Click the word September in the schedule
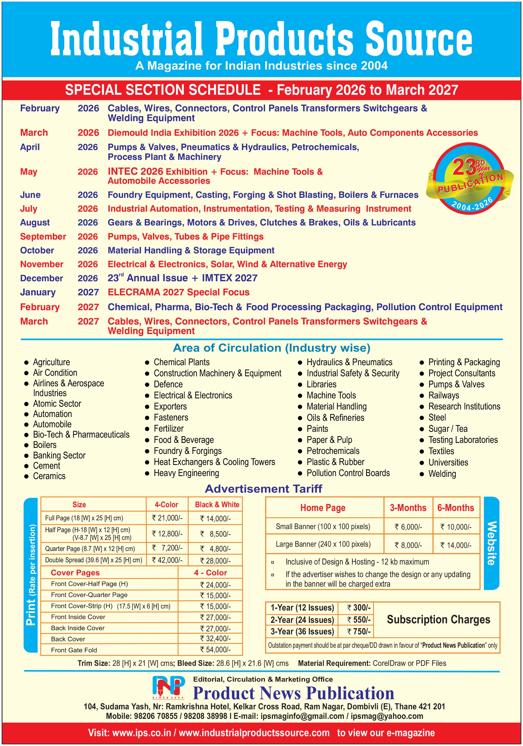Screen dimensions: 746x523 pos(43,237)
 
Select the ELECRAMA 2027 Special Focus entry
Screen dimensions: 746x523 pos(179,292)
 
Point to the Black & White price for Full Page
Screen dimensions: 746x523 pos(215,519)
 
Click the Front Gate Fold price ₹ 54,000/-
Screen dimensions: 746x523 pos(215,649)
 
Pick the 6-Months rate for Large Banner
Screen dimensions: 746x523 pos(456,545)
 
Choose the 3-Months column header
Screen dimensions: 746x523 pos(408,507)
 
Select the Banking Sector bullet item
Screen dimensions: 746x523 pos(59,455)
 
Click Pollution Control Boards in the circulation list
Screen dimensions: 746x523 pos(348,473)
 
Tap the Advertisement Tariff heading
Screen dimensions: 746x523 pos(263,489)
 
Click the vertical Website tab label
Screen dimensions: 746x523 pos(492,543)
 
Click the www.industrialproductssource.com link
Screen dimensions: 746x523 pos(254,733)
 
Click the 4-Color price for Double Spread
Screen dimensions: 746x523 pos(167,560)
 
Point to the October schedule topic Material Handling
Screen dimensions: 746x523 pos(191,251)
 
